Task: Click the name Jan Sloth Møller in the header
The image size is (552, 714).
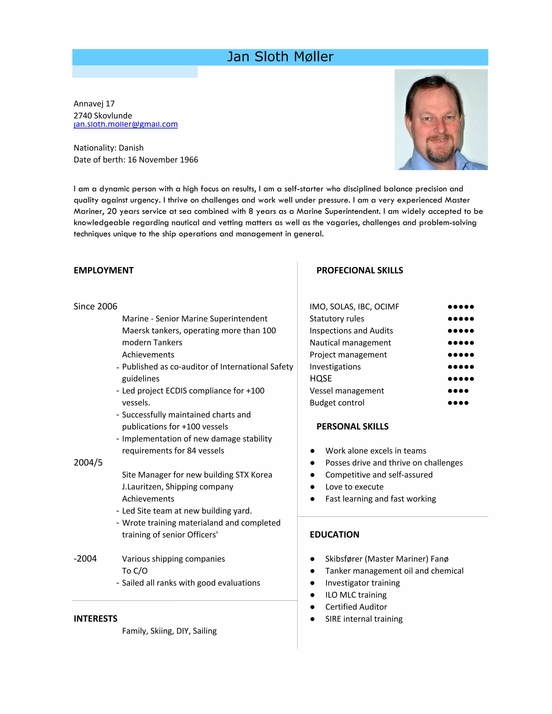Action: click(x=280, y=57)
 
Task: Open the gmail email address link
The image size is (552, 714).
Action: click(x=126, y=124)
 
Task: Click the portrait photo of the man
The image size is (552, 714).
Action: click(x=441, y=120)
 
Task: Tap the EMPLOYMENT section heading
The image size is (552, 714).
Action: click(x=104, y=270)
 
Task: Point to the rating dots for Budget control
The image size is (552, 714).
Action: click(x=458, y=403)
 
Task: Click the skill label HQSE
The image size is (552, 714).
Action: click(x=320, y=379)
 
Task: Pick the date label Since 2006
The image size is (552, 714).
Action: click(x=95, y=306)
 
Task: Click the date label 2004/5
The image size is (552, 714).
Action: click(x=88, y=463)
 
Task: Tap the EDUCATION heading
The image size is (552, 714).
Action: click(x=334, y=535)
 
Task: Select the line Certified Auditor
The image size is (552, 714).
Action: click(x=356, y=607)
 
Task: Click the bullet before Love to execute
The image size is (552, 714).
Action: click(x=312, y=487)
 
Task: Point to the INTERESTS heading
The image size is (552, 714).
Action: click(x=95, y=619)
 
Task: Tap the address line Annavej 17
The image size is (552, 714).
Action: click(x=94, y=104)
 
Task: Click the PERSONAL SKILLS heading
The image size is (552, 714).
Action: click(x=352, y=426)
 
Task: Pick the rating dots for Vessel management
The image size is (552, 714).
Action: click(x=458, y=391)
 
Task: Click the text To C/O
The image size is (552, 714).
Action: click(x=135, y=571)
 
